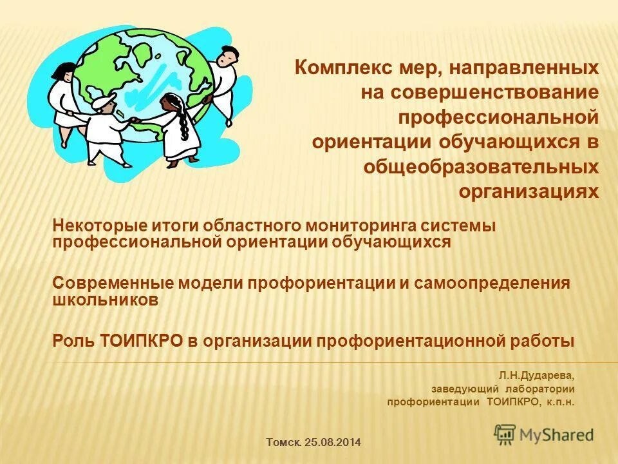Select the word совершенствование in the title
click(x=480, y=92)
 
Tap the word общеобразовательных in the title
click(x=481, y=167)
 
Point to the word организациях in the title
click(x=529, y=191)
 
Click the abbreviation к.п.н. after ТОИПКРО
click(x=559, y=402)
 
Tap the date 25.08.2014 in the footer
click(x=333, y=442)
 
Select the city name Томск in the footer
click(x=283, y=442)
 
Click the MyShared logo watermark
click(x=545, y=434)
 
